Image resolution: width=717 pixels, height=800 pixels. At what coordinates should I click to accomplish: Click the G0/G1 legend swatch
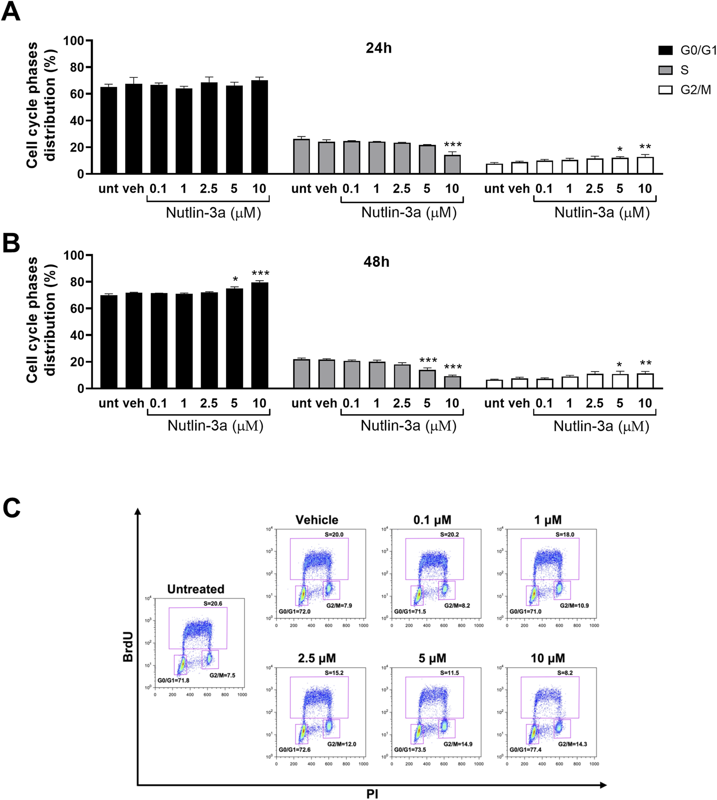[x=666, y=50]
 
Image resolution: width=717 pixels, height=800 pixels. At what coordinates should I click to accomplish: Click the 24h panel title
[x=378, y=48]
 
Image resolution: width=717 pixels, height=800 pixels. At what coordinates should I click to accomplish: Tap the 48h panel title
[x=376, y=262]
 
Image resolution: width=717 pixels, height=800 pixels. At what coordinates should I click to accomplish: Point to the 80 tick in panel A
[x=76, y=67]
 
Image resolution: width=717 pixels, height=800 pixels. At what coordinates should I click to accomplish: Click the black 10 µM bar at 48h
[x=260, y=335]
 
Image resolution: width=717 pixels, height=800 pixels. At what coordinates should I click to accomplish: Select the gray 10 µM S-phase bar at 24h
[x=452, y=164]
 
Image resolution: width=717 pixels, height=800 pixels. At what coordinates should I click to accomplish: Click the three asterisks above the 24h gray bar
[x=453, y=145]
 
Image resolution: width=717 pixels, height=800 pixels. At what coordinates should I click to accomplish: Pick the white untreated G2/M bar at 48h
[x=494, y=384]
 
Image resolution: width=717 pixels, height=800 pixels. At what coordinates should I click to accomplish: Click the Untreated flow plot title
[x=196, y=589]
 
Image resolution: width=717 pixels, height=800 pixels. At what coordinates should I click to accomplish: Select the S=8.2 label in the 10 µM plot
[x=565, y=673]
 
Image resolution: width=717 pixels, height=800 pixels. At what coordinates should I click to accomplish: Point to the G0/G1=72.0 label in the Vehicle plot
[x=295, y=611]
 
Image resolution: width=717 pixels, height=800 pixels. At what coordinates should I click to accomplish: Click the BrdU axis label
[x=128, y=647]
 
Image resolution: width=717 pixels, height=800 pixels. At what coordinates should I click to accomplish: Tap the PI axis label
[x=372, y=794]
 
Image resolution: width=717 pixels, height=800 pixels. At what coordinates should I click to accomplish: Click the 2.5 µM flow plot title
[x=317, y=658]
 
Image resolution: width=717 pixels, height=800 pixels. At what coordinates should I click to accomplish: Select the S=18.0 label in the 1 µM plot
[x=565, y=534]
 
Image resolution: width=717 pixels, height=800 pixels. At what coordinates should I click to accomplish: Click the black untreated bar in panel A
[x=109, y=130]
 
